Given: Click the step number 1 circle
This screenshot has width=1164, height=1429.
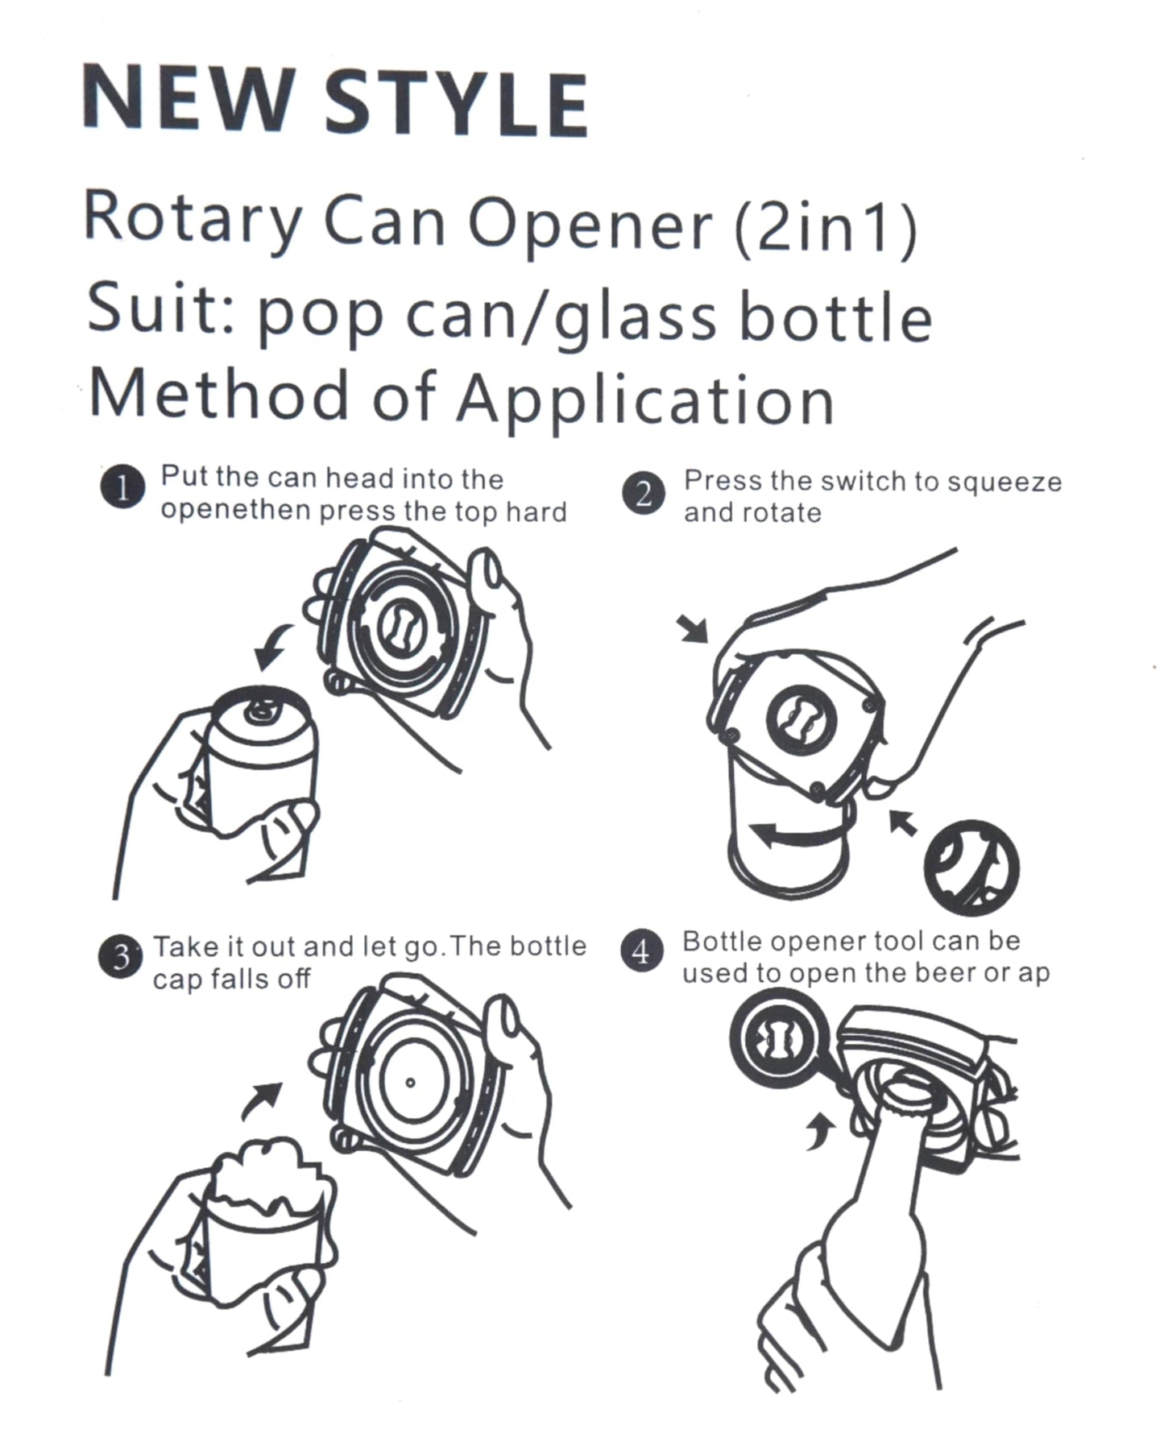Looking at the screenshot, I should click(122, 488).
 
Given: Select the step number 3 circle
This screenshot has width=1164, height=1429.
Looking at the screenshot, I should click(120, 957).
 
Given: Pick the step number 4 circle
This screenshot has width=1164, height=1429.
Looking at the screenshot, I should click(641, 953).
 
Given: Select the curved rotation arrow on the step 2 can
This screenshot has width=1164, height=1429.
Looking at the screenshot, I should click(785, 835).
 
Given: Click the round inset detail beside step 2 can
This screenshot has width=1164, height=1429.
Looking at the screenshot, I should click(971, 868).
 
